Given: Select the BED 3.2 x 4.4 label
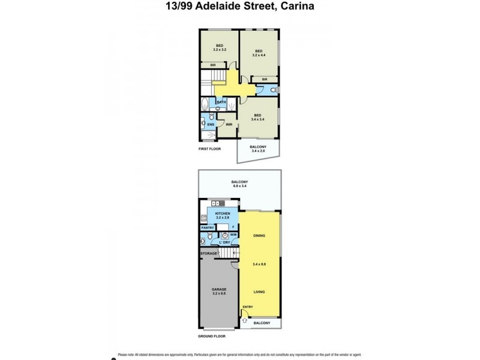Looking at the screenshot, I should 259,53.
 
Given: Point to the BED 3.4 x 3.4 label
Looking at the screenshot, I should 257,118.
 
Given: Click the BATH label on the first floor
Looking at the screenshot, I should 221,103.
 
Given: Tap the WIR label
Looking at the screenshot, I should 229,124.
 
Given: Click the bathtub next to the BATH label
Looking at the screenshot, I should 205,103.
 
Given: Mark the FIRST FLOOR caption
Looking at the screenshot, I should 211,148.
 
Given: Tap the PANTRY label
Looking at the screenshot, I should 208,228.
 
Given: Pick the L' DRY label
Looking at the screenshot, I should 224,242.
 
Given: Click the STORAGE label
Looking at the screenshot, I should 209,254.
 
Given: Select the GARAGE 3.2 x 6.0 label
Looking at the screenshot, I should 218,292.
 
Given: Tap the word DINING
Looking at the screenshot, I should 259,236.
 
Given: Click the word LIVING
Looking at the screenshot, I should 259,292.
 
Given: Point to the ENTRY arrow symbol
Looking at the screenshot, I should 245,321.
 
